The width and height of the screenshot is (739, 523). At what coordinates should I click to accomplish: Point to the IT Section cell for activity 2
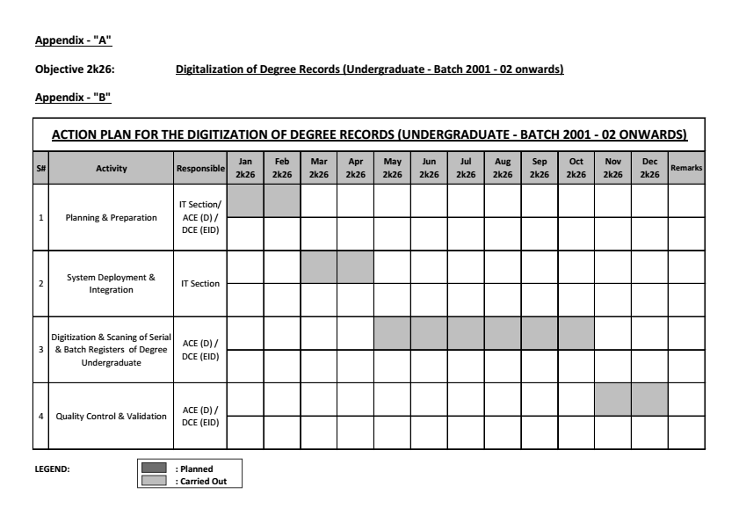[x=199, y=284]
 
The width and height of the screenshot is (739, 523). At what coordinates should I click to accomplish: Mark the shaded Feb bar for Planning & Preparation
[x=282, y=201]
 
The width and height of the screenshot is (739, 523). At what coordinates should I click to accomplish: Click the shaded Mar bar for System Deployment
[x=319, y=267]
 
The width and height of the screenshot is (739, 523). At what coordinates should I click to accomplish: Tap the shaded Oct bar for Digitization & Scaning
[x=576, y=333]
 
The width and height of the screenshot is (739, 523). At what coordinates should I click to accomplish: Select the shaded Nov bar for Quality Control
[x=612, y=399]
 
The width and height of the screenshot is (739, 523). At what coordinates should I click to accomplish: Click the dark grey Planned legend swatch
[x=155, y=469]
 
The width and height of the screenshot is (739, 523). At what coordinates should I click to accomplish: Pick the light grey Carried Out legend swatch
[x=155, y=480]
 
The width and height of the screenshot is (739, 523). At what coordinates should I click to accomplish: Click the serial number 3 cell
[x=41, y=350]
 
